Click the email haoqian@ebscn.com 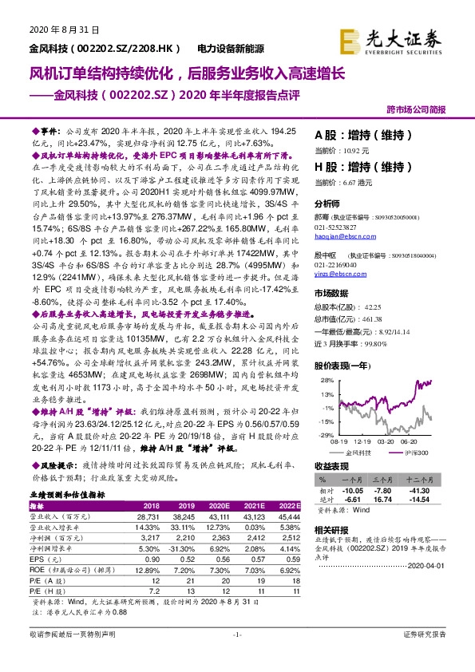click(x=338, y=236)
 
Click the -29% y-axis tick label click(x=327, y=435)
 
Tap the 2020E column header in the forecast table click(x=218, y=506)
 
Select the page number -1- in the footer click(x=237, y=656)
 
